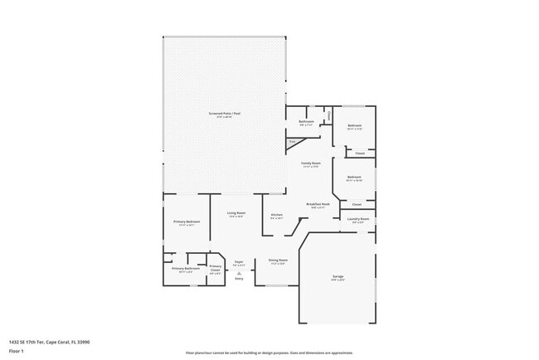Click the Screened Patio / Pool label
coord(225,113)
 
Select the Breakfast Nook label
coord(318,203)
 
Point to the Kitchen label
coord(277,215)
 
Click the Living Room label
coord(236,213)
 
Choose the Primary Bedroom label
coord(186,221)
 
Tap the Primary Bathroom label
coord(186,268)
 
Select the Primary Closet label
coord(215,267)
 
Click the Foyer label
coord(238,261)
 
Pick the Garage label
coord(337,276)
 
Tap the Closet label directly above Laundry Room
coord(357,204)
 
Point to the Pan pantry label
coord(292,142)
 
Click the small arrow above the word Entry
coord(239,273)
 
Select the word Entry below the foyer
coord(239,279)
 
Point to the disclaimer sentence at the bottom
coord(269,353)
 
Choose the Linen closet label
coord(329,115)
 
